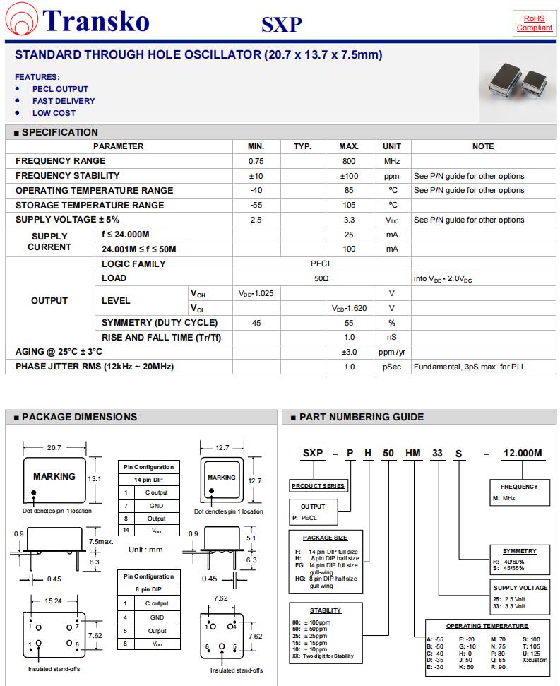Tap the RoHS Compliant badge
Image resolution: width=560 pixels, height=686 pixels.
535,23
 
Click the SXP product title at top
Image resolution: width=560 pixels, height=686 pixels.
282,25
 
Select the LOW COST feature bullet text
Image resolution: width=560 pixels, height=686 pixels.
54,113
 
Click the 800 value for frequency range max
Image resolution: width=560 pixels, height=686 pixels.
349,161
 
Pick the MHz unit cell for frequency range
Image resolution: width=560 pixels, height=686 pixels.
392,161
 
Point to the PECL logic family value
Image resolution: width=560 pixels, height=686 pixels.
321,264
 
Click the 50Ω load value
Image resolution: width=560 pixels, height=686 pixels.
321,278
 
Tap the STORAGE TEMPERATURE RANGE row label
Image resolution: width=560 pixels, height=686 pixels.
90,205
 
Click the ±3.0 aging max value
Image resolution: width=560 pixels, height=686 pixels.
349,352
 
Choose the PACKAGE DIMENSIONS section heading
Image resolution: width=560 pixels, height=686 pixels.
79,417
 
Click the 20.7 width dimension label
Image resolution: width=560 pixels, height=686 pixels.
54,447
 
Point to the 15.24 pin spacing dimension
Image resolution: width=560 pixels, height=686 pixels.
53,601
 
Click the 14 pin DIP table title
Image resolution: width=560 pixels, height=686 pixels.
148,480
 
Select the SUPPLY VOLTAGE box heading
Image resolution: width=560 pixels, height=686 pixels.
520,588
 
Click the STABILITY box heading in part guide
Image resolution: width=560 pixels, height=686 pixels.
325,610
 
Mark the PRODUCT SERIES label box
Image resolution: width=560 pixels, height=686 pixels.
318,486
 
